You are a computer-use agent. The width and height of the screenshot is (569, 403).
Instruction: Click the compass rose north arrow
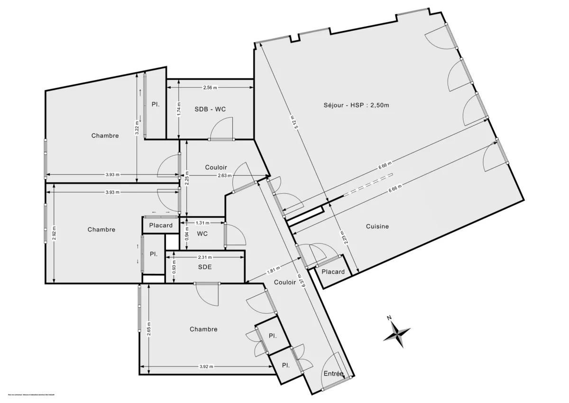pyautogui.click(x=397, y=331)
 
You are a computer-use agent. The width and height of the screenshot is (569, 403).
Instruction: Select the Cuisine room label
pyautogui.click(x=377, y=226)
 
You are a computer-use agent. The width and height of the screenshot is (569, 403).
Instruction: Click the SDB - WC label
pyautogui.click(x=210, y=109)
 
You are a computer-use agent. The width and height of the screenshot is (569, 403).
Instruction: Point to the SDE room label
pyautogui.click(x=205, y=267)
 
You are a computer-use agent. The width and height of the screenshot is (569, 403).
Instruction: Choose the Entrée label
pyautogui.click(x=333, y=374)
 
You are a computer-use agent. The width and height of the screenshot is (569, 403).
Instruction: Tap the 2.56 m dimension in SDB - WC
pyautogui.click(x=210, y=88)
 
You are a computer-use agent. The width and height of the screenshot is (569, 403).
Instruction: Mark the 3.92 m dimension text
pyautogui.click(x=206, y=366)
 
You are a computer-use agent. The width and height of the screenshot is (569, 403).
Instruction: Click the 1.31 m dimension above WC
pyautogui.click(x=202, y=222)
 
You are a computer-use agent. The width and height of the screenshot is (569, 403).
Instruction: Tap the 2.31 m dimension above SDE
pyautogui.click(x=205, y=257)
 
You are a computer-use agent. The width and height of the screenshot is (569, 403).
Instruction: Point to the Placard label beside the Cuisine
pyautogui.click(x=333, y=272)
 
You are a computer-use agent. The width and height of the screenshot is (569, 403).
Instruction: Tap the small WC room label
pyautogui.click(x=202, y=234)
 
